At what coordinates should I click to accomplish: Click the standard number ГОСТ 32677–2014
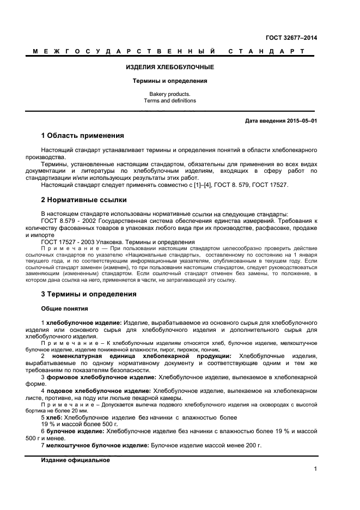(291, 38)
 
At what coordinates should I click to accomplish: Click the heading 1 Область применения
(82, 135)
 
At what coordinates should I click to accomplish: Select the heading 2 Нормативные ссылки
(83, 199)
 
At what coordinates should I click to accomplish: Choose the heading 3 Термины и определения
(89, 294)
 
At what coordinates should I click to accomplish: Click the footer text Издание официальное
(75, 460)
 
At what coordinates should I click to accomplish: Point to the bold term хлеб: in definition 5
(55, 417)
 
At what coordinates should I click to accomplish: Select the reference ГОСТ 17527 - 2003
(68, 242)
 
